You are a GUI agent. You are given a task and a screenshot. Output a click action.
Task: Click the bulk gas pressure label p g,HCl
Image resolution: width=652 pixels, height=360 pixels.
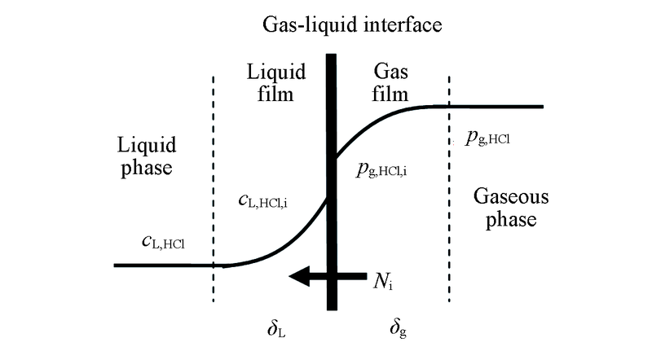(488, 139)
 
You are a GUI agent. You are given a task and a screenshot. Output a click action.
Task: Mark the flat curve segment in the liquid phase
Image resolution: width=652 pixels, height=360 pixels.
(163, 265)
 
